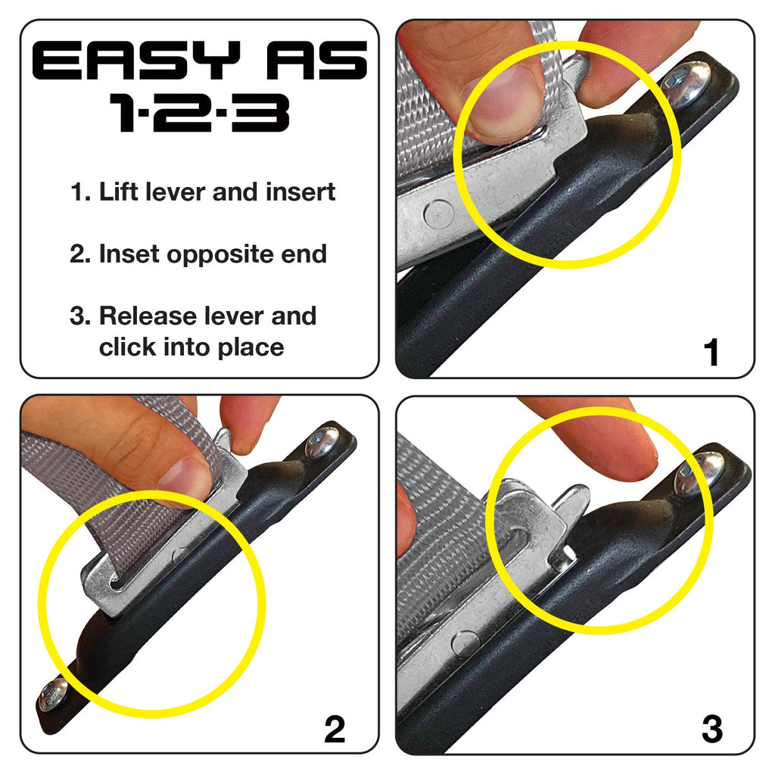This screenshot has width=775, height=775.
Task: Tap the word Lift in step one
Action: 118,191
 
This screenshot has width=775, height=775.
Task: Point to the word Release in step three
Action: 148,316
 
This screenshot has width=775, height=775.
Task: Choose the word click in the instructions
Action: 127,347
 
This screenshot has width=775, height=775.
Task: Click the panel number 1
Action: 711,353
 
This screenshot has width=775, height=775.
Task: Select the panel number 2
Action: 335,729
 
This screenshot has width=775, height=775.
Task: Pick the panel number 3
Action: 712,729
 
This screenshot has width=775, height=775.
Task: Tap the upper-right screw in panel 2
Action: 322,441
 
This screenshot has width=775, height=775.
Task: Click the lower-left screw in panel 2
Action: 52,694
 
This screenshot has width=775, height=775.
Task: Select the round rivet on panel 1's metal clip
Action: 439,214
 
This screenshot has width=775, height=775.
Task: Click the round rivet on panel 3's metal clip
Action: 465,644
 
